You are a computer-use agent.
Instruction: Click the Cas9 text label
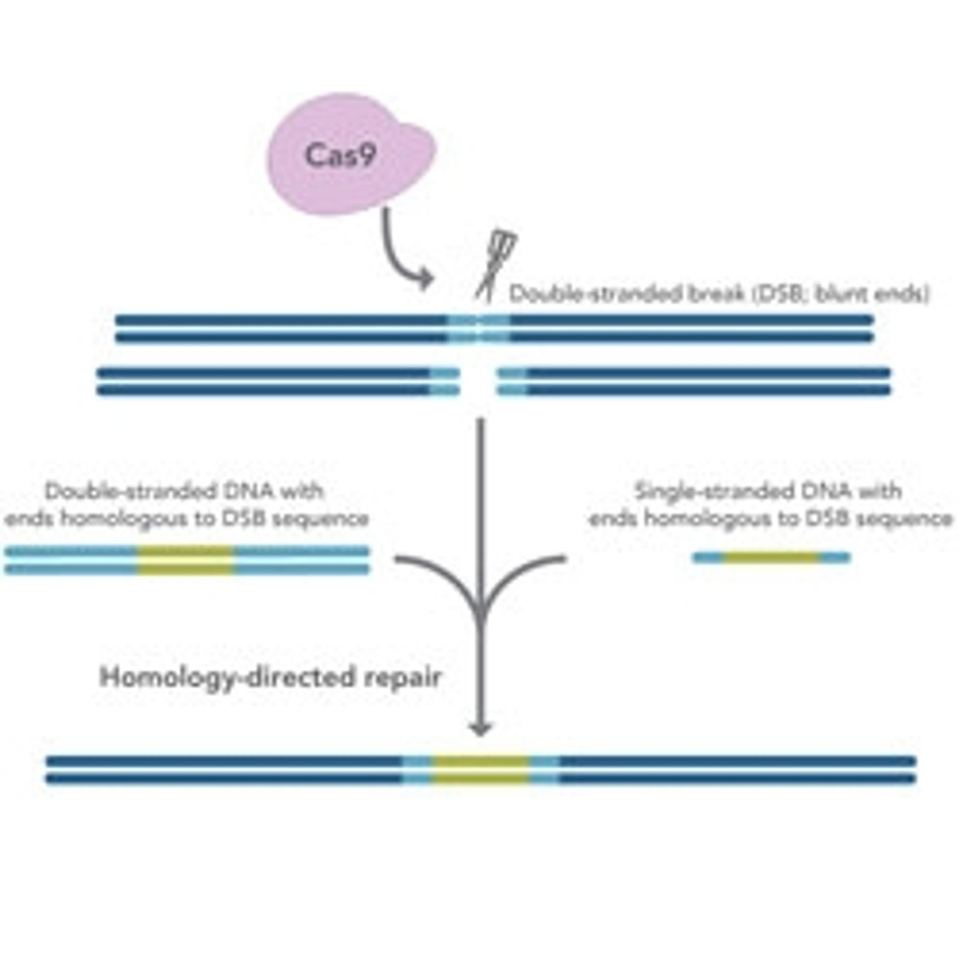[x=340, y=155]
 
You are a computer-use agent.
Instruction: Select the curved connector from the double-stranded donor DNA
[x=437, y=571]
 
